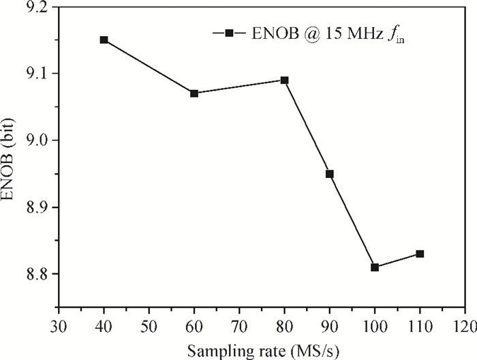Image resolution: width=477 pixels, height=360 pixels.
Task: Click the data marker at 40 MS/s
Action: (104, 40)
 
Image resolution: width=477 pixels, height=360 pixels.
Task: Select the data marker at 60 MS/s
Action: (194, 93)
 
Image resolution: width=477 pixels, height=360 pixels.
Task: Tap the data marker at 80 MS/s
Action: (285, 80)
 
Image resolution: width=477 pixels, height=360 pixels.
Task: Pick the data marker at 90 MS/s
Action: (330, 174)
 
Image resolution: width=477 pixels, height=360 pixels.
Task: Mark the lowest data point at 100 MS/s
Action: (375, 267)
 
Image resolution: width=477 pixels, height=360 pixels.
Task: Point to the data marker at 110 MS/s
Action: (420, 254)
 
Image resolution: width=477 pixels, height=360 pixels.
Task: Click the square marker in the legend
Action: (230, 32)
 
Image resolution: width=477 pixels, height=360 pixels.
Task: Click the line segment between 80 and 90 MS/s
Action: (307, 127)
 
